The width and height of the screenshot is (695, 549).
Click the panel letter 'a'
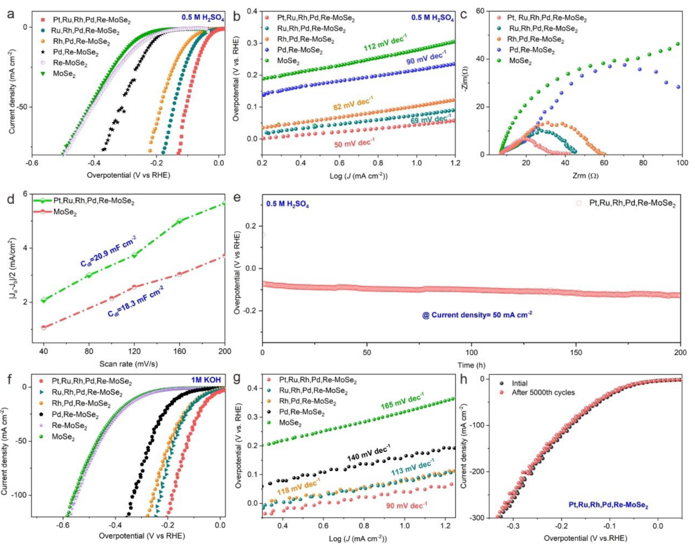[x=10, y=14]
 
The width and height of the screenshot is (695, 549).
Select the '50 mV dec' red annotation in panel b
[x=354, y=144]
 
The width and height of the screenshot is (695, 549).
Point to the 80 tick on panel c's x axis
[x=643, y=163]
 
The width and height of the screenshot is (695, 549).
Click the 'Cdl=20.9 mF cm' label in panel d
[x=108, y=251]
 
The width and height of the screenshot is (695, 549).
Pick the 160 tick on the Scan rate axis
[x=180, y=351]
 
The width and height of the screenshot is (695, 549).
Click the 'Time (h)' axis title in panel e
[x=472, y=365]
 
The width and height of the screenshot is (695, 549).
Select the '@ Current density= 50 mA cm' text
[x=476, y=315]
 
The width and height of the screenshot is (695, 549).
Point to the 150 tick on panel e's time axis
[x=576, y=352]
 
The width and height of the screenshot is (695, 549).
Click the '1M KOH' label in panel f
[x=206, y=380]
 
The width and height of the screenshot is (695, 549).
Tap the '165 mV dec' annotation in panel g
[x=402, y=401]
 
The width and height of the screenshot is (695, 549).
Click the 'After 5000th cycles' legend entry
[x=543, y=392]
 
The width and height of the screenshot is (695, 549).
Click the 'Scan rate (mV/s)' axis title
[x=129, y=364]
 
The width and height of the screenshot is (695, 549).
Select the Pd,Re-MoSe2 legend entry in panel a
[x=76, y=53]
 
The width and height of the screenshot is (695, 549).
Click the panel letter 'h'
[x=464, y=379]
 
